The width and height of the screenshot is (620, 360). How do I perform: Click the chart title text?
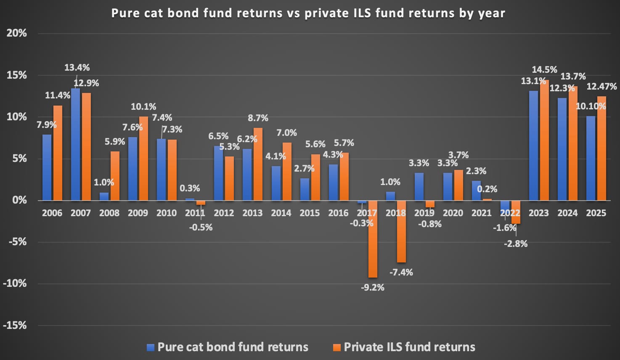pyautogui.click(x=308, y=13)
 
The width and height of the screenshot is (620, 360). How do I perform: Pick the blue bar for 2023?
pyautogui.click(x=533, y=146)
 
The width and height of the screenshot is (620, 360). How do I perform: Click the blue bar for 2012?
pyautogui.click(x=219, y=173)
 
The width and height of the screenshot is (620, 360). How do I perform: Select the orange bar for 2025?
pyautogui.click(x=601, y=148)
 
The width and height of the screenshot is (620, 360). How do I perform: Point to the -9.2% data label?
pyautogui.click(x=373, y=288)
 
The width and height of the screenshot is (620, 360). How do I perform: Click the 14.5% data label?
pyautogui.click(x=544, y=69)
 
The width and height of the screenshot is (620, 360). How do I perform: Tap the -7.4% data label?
pyautogui.click(x=401, y=273)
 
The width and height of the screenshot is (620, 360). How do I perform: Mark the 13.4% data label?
pyautogui.click(x=77, y=68)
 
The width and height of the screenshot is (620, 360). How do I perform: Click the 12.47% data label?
pyautogui.click(x=601, y=87)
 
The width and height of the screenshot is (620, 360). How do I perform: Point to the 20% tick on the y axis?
pyautogui.click(x=17, y=33)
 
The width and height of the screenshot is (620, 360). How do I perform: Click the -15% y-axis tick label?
pyautogui.click(x=15, y=325)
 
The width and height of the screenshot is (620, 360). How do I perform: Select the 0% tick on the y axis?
pyautogui.click(x=19, y=200)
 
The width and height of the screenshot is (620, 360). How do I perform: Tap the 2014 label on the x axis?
pyautogui.click(x=281, y=213)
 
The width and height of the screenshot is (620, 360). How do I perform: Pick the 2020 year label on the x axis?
pyautogui.click(x=453, y=213)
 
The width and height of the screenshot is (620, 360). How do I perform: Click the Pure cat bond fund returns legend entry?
pyautogui.click(x=228, y=347)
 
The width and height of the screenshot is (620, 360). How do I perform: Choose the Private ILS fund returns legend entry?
pyautogui.click(x=404, y=347)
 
